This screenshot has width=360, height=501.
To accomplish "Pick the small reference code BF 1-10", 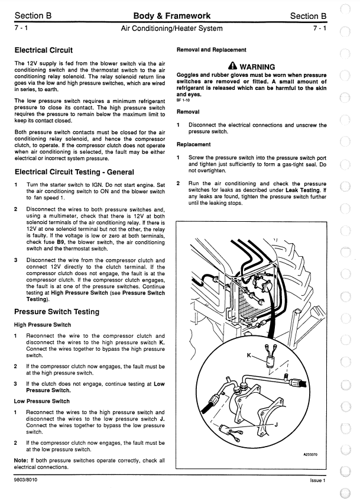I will pos(184,100).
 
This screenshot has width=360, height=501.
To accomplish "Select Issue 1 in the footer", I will pos(317,480).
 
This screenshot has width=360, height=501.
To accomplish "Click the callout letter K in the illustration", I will pos(249,355).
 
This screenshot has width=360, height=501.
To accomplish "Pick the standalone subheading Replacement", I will pos(194,144).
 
